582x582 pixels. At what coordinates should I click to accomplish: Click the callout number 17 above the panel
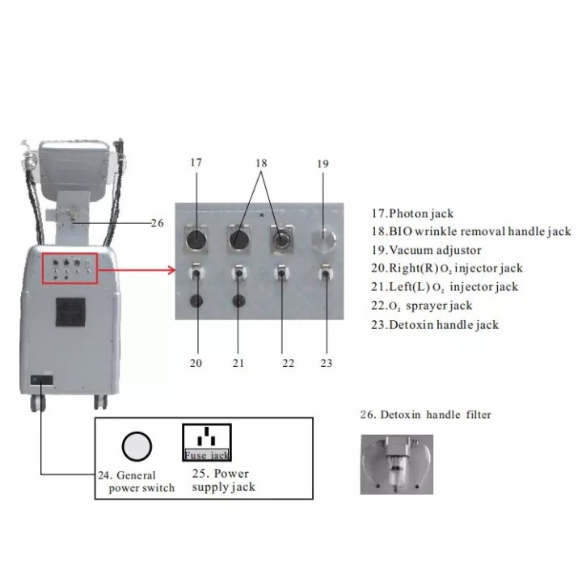click(x=196, y=162)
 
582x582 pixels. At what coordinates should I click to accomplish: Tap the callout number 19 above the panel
click(x=323, y=163)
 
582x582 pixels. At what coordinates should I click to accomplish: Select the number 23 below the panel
click(x=327, y=363)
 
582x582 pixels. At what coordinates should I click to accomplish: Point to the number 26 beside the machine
click(x=158, y=223)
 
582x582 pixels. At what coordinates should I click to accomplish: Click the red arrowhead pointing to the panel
click(x=171, y=270)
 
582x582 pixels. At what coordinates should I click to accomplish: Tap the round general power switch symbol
click(x=137, y=446)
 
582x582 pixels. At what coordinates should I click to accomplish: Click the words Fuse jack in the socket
click(x=207, y=455)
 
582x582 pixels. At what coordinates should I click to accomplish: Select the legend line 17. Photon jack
click(x=412, y=213)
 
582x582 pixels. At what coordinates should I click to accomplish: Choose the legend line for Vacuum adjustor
click(x=426, y=250)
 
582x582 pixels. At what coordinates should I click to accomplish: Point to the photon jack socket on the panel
click(x=196, y=239)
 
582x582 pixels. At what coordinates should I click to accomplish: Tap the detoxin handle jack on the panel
click(x=326, y=273)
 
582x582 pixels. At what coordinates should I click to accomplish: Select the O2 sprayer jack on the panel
click(x=282, y=273)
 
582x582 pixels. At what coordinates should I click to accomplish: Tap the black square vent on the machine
click(x=70, y=312)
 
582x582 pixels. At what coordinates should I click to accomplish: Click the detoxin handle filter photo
click(x=397, y=464)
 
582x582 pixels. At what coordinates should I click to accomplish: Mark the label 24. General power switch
click(x=137, y=482)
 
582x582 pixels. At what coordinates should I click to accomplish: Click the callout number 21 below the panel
click(x=238, y=363)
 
